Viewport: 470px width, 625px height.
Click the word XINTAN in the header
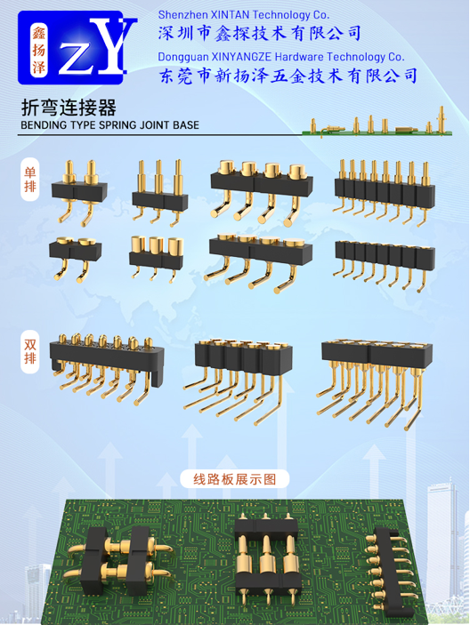pyautogui.click(x=230, y=15)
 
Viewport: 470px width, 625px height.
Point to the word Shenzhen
pyautogui.click(x=182, y=15)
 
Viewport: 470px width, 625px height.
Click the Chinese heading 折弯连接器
pyautogui.click(x=69, y=108)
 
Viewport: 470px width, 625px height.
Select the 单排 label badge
pyautogui.click(x=30, y=180)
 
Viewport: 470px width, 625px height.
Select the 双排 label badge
pyautogui.click(x=30, y=351)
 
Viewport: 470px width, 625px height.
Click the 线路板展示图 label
pyautogui.click(x=235, y=479)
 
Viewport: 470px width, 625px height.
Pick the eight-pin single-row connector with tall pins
pyautogui.click(x=385, y=192)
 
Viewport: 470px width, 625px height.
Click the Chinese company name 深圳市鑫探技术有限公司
pyautogui.click(x=259, y=34)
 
